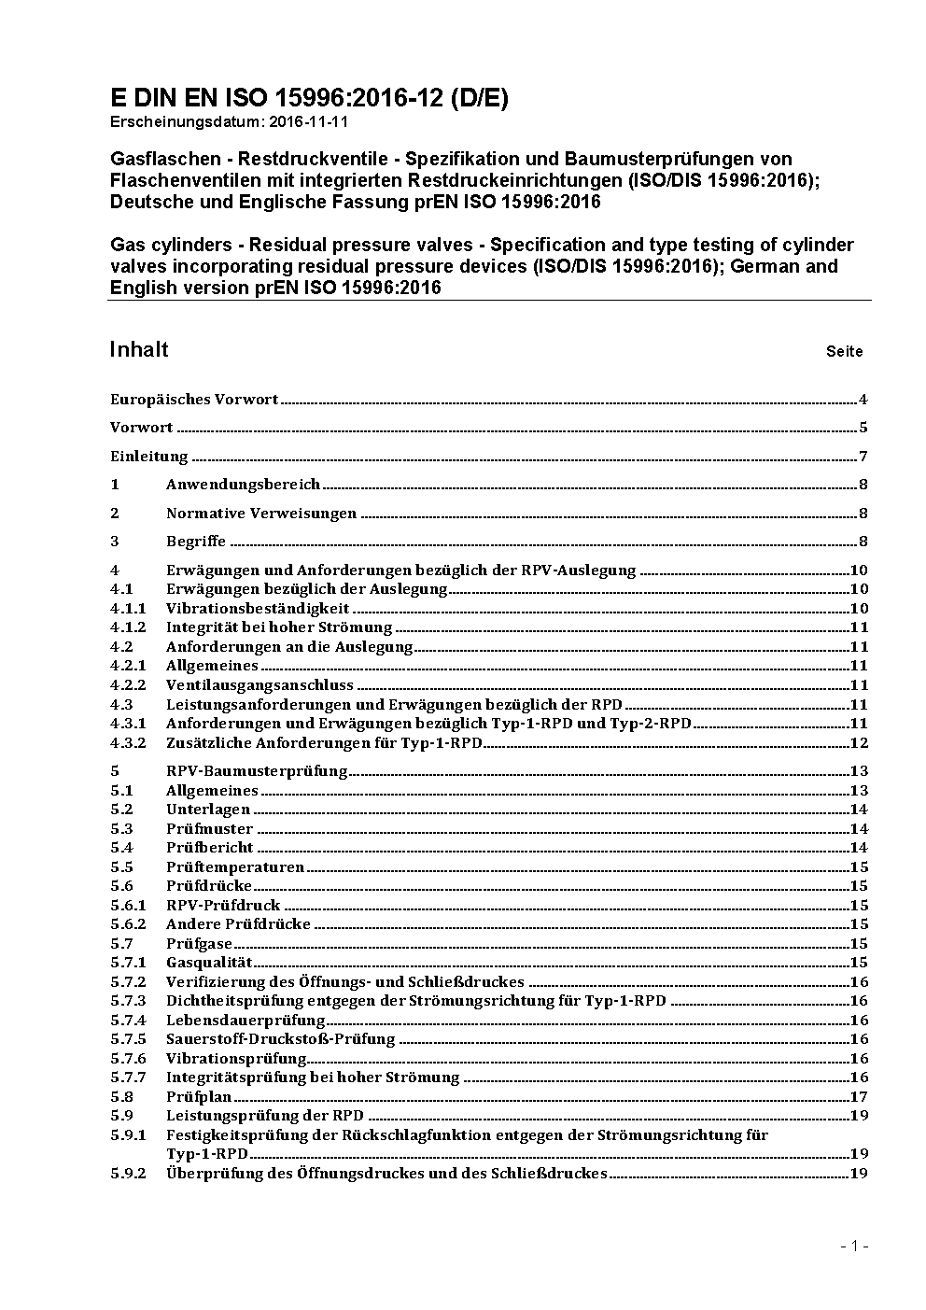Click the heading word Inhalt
(139, 349)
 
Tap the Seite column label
(844, 352)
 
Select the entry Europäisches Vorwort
(194, 400)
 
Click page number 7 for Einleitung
(863, 457)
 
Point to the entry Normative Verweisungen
(261, 514)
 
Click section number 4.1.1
(128, 609)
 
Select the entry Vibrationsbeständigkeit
(258, 609)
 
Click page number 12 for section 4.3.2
(859, 743)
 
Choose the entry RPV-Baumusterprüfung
(257, 771)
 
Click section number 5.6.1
(128, 905)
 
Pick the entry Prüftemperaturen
(235, 866)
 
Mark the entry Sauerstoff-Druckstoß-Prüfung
(280, 1039)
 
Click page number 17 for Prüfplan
(859, 1097)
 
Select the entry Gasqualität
(209, 963)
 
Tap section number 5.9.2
(128, 1174)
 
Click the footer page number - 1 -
(854, 1246)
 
